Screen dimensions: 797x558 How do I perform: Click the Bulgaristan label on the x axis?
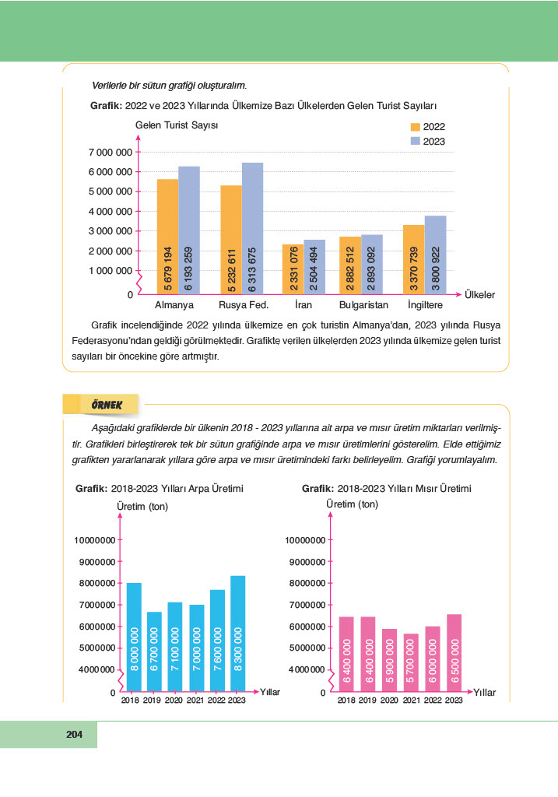(363, 305)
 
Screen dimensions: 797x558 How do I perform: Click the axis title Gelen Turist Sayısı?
(177, 125)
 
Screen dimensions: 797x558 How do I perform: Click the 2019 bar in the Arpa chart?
(155, 651)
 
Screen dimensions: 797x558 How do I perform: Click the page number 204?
(75, 734)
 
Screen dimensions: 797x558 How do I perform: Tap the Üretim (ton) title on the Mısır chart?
(352, 504)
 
